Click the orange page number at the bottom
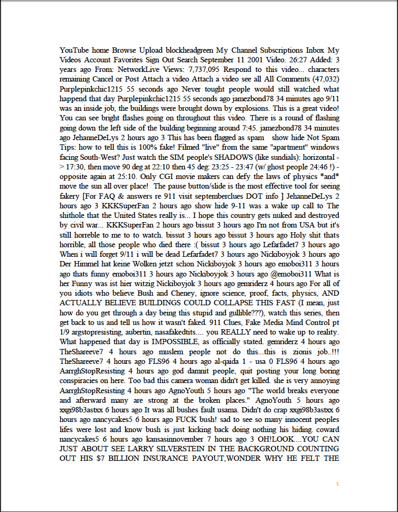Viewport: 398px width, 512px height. [337, 484]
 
